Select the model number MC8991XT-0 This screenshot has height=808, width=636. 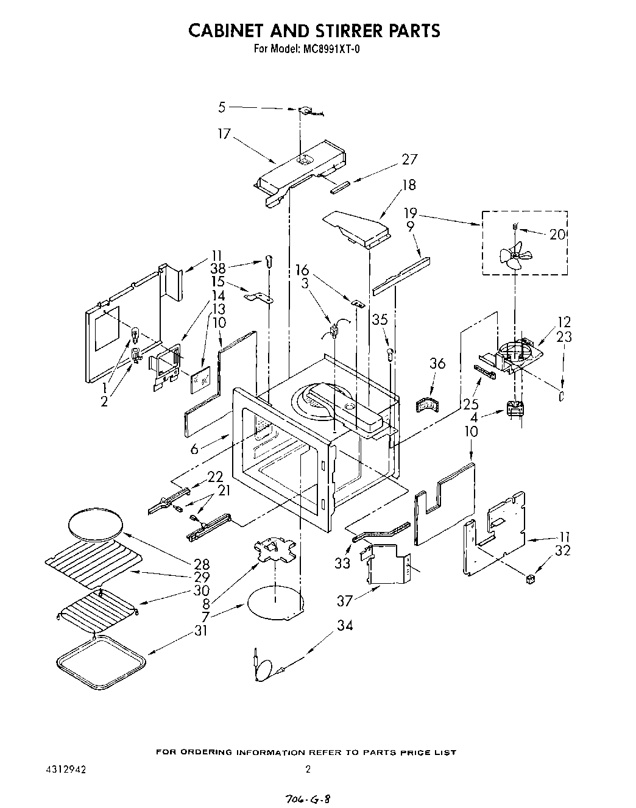pyautogui.click(x=331, y=50)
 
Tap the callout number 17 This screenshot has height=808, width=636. pyautogui.click(x=224, y=133)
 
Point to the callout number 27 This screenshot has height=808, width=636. pyautogui.click(x=409, y=160)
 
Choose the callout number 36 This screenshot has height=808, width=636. pyautogui.click(x=437, y=364)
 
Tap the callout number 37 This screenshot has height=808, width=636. pyautogui.click(x=345, y=601)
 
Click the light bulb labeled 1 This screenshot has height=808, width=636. pyautogui.click(x=135, y=335)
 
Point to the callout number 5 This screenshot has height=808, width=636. pyautogui.click(x=222, y=108)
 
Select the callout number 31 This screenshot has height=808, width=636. pyautogui.click(x=200, y=631)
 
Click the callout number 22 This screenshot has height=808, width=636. pyautogui.click(x=215, y=477)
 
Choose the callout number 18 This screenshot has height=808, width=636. pyautogui.click(x=409, y=185)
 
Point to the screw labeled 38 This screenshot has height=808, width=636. pyautogui.click(x=269, y=261)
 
